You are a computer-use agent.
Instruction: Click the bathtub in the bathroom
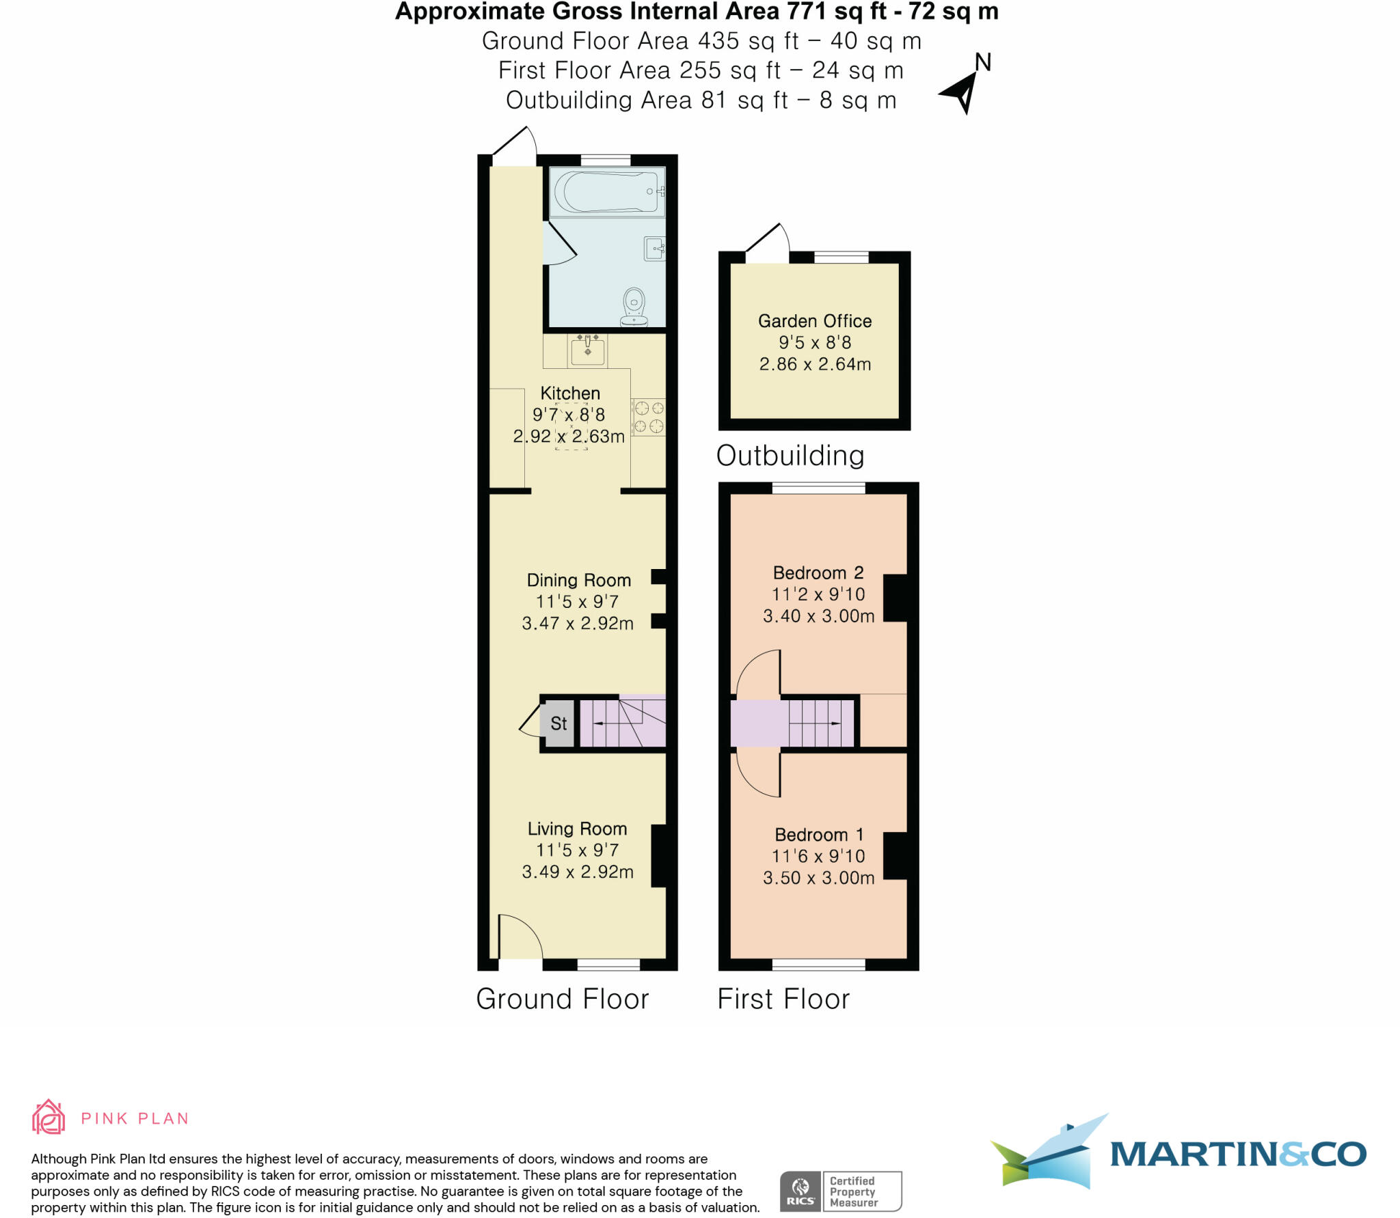tap(606, 192)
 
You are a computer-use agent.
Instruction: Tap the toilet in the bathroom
tap(634, 307)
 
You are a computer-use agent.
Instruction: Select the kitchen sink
tap(587, 350)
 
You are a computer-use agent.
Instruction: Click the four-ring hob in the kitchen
tap(648, 417)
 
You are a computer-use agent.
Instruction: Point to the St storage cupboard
tap(558, 723)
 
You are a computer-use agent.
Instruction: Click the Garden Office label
tap(815, 321)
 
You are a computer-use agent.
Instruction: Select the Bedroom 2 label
tap(818, 572)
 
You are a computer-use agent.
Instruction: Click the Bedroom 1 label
tap(818, 835)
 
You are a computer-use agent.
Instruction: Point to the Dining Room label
tap(578, 580)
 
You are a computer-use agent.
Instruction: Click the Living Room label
tap(577, 829)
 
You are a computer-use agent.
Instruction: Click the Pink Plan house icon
tap(49, 1118)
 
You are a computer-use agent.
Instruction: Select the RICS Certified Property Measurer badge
tap(840, 1191)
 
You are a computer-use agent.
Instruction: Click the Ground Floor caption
tap(562, 999)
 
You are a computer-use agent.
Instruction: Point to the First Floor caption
tap(783, 999)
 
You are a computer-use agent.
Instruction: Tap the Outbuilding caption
tap(790, 456)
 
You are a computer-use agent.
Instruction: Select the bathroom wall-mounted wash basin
tap(654, 248)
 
